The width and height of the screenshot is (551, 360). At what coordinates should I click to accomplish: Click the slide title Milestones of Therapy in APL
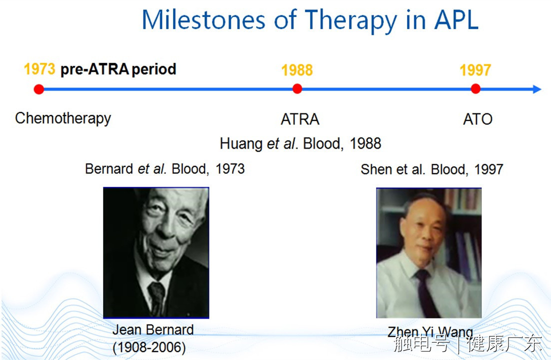pyautogui.click(x=310, y=20)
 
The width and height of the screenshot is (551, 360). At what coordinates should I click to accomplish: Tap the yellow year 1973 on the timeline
pyautogui.click(x=39, y=69)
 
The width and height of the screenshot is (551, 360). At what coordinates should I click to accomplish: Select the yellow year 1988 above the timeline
pyautogui.click(x=297, y=70)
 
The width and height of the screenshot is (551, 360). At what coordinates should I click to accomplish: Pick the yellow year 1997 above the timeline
pyautogui.click(x=475, y=70)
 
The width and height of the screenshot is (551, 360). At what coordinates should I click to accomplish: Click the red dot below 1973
pyautogui.click(x=39, y=89)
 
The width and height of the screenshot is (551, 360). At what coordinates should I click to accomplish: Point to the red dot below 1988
pyautogui.click(x=297, y=88)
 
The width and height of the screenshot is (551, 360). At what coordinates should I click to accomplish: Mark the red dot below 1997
pyautogui.click(x=476, y=88)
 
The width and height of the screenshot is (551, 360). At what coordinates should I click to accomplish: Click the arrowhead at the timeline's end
pyautogui.click(x=537, y=89)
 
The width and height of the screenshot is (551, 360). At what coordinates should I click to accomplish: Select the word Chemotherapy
pyautogui.click(x=63, y=119)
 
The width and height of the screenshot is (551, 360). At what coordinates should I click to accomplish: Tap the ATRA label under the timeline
pyautogui.click(x=300, y=119)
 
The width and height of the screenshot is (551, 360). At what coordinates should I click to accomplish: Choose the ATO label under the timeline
pyautogui.click(x=477, y=119)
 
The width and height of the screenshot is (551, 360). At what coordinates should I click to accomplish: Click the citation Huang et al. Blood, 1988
pyautogui.click(x=300, y=144)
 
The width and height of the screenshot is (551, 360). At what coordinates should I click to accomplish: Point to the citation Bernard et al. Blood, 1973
pyautogui.click(x=165, y=169)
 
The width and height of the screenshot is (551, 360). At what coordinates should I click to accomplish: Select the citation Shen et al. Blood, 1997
pyautogui.click(x=432, y=169)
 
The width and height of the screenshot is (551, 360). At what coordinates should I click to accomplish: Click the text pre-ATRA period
pyautogui.click(x=118, y=69)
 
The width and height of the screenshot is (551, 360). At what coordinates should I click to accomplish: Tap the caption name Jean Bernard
pyautogui.click(x=153, y=330)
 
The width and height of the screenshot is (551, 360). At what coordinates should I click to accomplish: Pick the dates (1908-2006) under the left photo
pyautogui.click(x=149, y=347)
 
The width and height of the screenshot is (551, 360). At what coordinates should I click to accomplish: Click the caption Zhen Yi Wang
pyautogui.click(x=430, y=332)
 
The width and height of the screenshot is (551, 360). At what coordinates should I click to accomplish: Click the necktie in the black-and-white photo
pyautogui.click(x=156, y=297)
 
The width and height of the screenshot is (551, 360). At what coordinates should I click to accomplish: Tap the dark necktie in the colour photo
pyautogui.click(x=426, y=293)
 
